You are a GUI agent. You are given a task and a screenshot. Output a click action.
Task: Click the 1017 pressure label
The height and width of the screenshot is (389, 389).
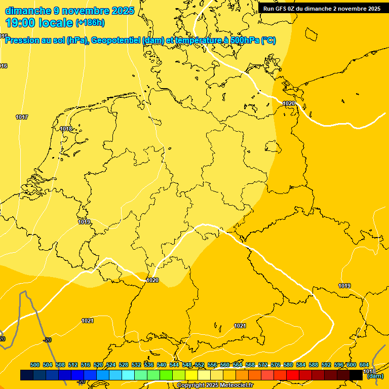[x=22, y=118]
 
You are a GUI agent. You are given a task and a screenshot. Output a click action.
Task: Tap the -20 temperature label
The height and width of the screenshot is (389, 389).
[x=47, y=340]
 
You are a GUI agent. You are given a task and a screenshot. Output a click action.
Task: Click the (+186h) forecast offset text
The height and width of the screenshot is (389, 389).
[x=90, y=23]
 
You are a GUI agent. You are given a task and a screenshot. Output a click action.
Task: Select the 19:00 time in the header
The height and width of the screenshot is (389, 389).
[x=21, y=22]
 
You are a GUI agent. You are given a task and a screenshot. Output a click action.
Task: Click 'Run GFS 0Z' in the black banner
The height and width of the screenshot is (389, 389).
[x=281, y=9]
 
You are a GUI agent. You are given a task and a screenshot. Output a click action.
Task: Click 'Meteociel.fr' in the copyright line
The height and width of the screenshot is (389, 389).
[x=236, y=385]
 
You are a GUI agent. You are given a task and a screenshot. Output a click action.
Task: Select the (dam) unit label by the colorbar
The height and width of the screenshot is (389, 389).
[x=375, y=376]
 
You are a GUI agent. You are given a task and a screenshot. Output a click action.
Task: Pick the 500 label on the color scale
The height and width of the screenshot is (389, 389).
[x=35, y=365]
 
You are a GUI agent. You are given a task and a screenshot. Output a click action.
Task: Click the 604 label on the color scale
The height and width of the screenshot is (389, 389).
[x=364, y=365]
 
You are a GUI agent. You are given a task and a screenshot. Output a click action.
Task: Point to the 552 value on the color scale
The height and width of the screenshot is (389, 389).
[x=200, y=365]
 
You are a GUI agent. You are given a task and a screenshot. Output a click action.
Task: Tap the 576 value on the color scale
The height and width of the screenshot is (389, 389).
[x=276, y=365]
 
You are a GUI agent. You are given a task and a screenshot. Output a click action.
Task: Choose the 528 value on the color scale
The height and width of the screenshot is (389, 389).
[x=124, y=365]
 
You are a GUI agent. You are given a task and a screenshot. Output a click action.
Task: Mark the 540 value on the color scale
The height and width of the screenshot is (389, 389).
[x=162, y=365]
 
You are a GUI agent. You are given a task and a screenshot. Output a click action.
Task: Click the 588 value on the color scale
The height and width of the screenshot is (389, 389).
[x=314, y=365]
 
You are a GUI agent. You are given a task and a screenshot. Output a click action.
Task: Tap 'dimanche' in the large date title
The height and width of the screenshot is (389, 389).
[x=28, y=11]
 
